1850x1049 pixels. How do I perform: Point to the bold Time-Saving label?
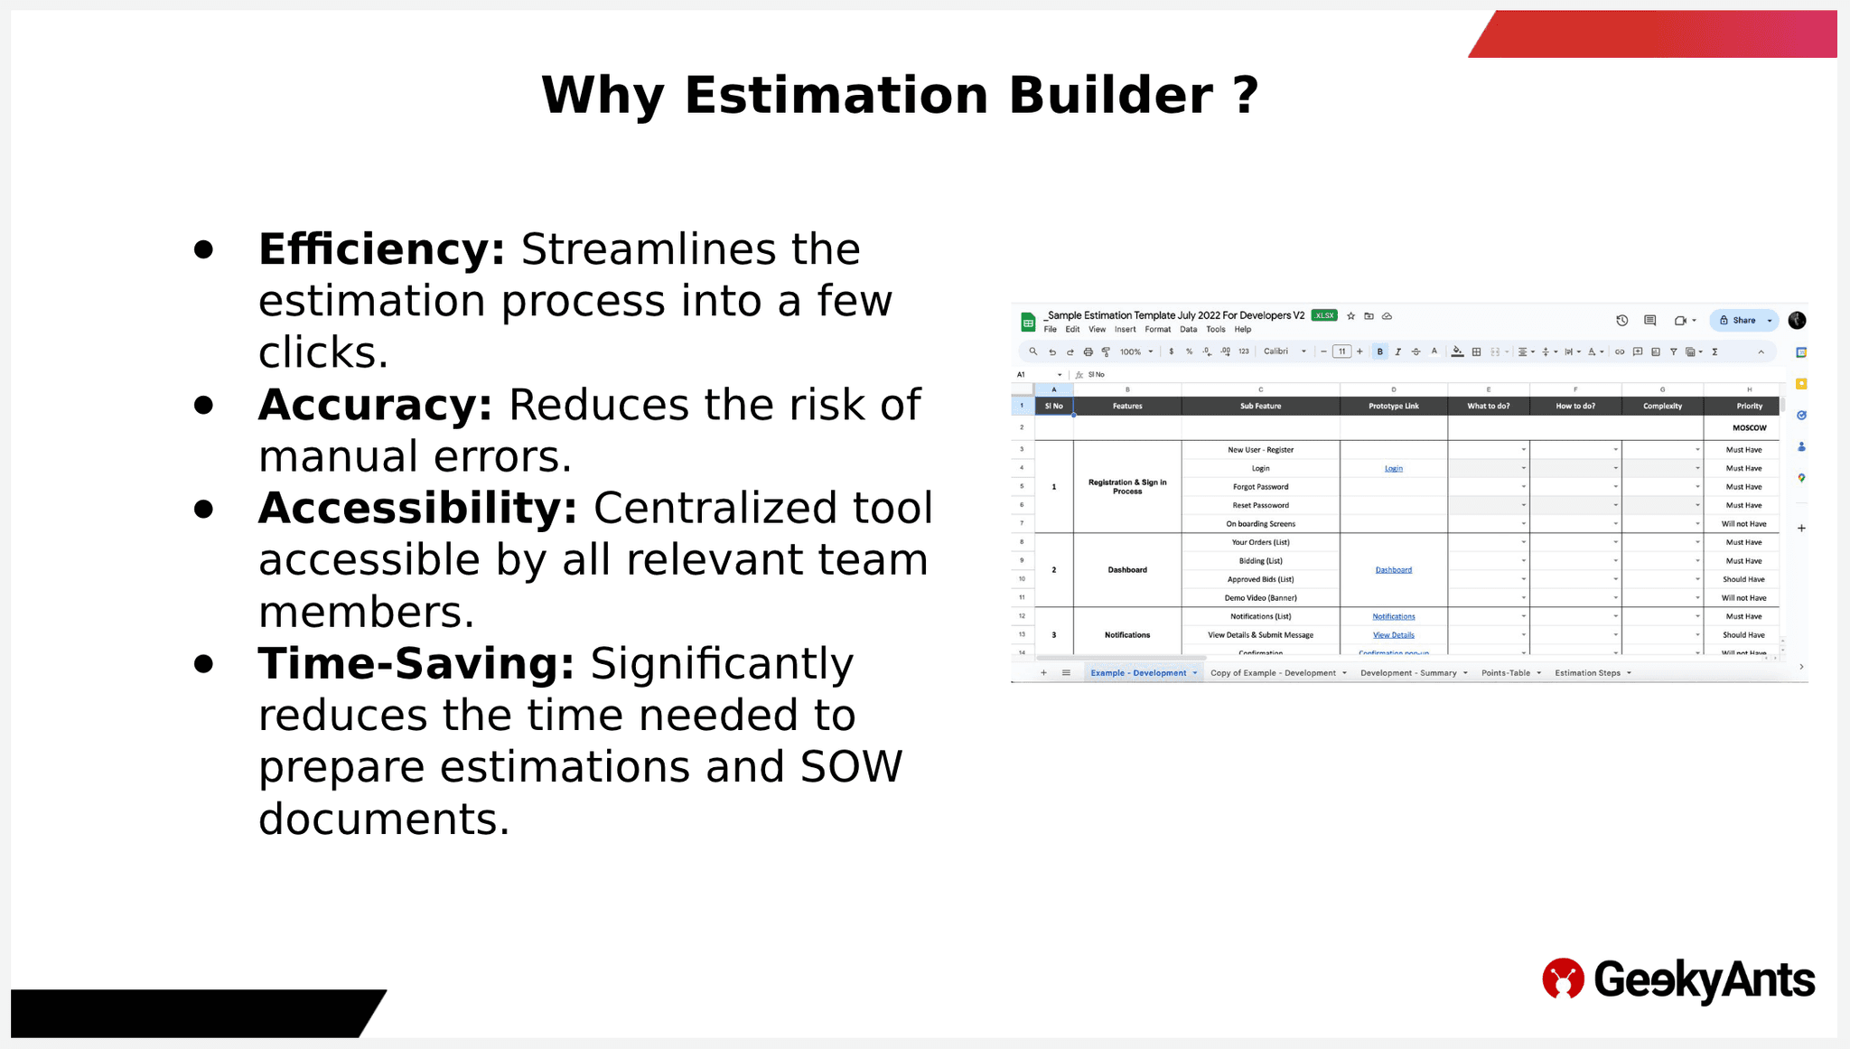pos(416,664)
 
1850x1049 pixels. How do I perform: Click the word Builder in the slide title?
pos(1110,95)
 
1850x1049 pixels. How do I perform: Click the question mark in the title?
pos(1246,95)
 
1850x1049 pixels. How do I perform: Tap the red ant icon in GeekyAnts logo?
pos(1563,979)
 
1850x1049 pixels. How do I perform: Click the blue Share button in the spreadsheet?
pos(1738,320)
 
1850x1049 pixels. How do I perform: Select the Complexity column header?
pos(1662,406)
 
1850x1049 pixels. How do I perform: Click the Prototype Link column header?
pos(1393,406)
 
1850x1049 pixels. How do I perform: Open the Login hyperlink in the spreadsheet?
pos(1393,468)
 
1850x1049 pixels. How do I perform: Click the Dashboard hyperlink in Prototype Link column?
pos(1393,570)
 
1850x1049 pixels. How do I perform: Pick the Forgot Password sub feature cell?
pos(1260,487)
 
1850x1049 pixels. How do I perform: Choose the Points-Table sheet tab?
pos(1505,673)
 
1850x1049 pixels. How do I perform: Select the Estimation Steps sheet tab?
pos(1587,673)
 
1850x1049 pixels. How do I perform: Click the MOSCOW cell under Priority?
pos(1749,427)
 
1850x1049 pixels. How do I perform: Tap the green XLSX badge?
pos(1324,315)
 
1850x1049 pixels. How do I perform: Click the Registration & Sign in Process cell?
pos(1126,486)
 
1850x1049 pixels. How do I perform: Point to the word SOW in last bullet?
pos(851,767)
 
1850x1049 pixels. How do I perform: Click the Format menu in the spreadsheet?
pos(1157,330)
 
